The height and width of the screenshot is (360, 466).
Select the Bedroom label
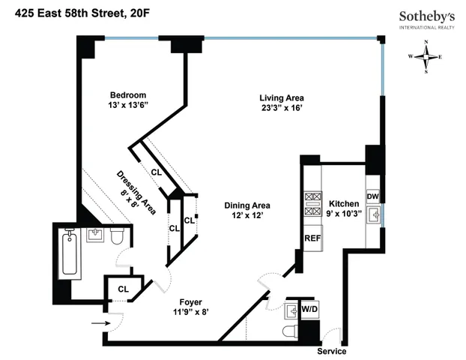127,94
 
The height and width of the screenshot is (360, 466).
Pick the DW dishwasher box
372,196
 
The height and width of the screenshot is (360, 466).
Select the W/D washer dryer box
309,308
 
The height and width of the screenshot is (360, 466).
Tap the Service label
331,351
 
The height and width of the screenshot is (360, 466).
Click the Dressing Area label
136,193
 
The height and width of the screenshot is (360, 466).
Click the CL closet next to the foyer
122,288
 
